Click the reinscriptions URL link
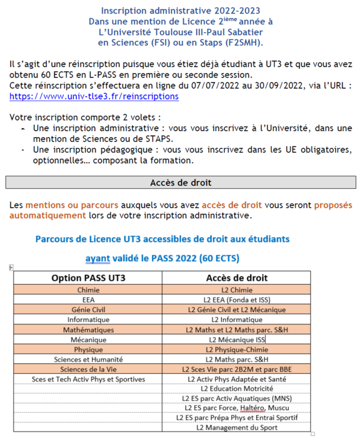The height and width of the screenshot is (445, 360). point(94,96)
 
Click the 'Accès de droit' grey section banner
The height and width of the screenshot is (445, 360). point(180,182)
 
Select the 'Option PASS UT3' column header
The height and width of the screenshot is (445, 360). point(88,278)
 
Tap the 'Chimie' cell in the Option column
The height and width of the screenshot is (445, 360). point(88,290)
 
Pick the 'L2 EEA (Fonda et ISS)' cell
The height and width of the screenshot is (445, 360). point(237,300)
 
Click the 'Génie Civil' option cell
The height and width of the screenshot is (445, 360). point(88,310)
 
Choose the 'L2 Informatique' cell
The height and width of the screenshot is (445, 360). point(237,319)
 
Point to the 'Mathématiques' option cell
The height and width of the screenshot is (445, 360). point(88,329)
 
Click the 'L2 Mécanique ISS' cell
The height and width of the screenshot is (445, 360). point(237,339)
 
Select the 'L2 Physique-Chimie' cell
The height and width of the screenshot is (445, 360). point(237,349)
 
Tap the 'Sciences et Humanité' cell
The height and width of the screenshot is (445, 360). point(88,359)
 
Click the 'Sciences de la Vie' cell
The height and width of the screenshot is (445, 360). point(88,369)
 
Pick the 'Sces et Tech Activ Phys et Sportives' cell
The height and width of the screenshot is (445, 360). point(88,379)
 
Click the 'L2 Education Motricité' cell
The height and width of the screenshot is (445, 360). point(237,388)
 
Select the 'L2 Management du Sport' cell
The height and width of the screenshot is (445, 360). point(237,427)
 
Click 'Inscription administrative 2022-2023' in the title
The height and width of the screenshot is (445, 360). point(180,11)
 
